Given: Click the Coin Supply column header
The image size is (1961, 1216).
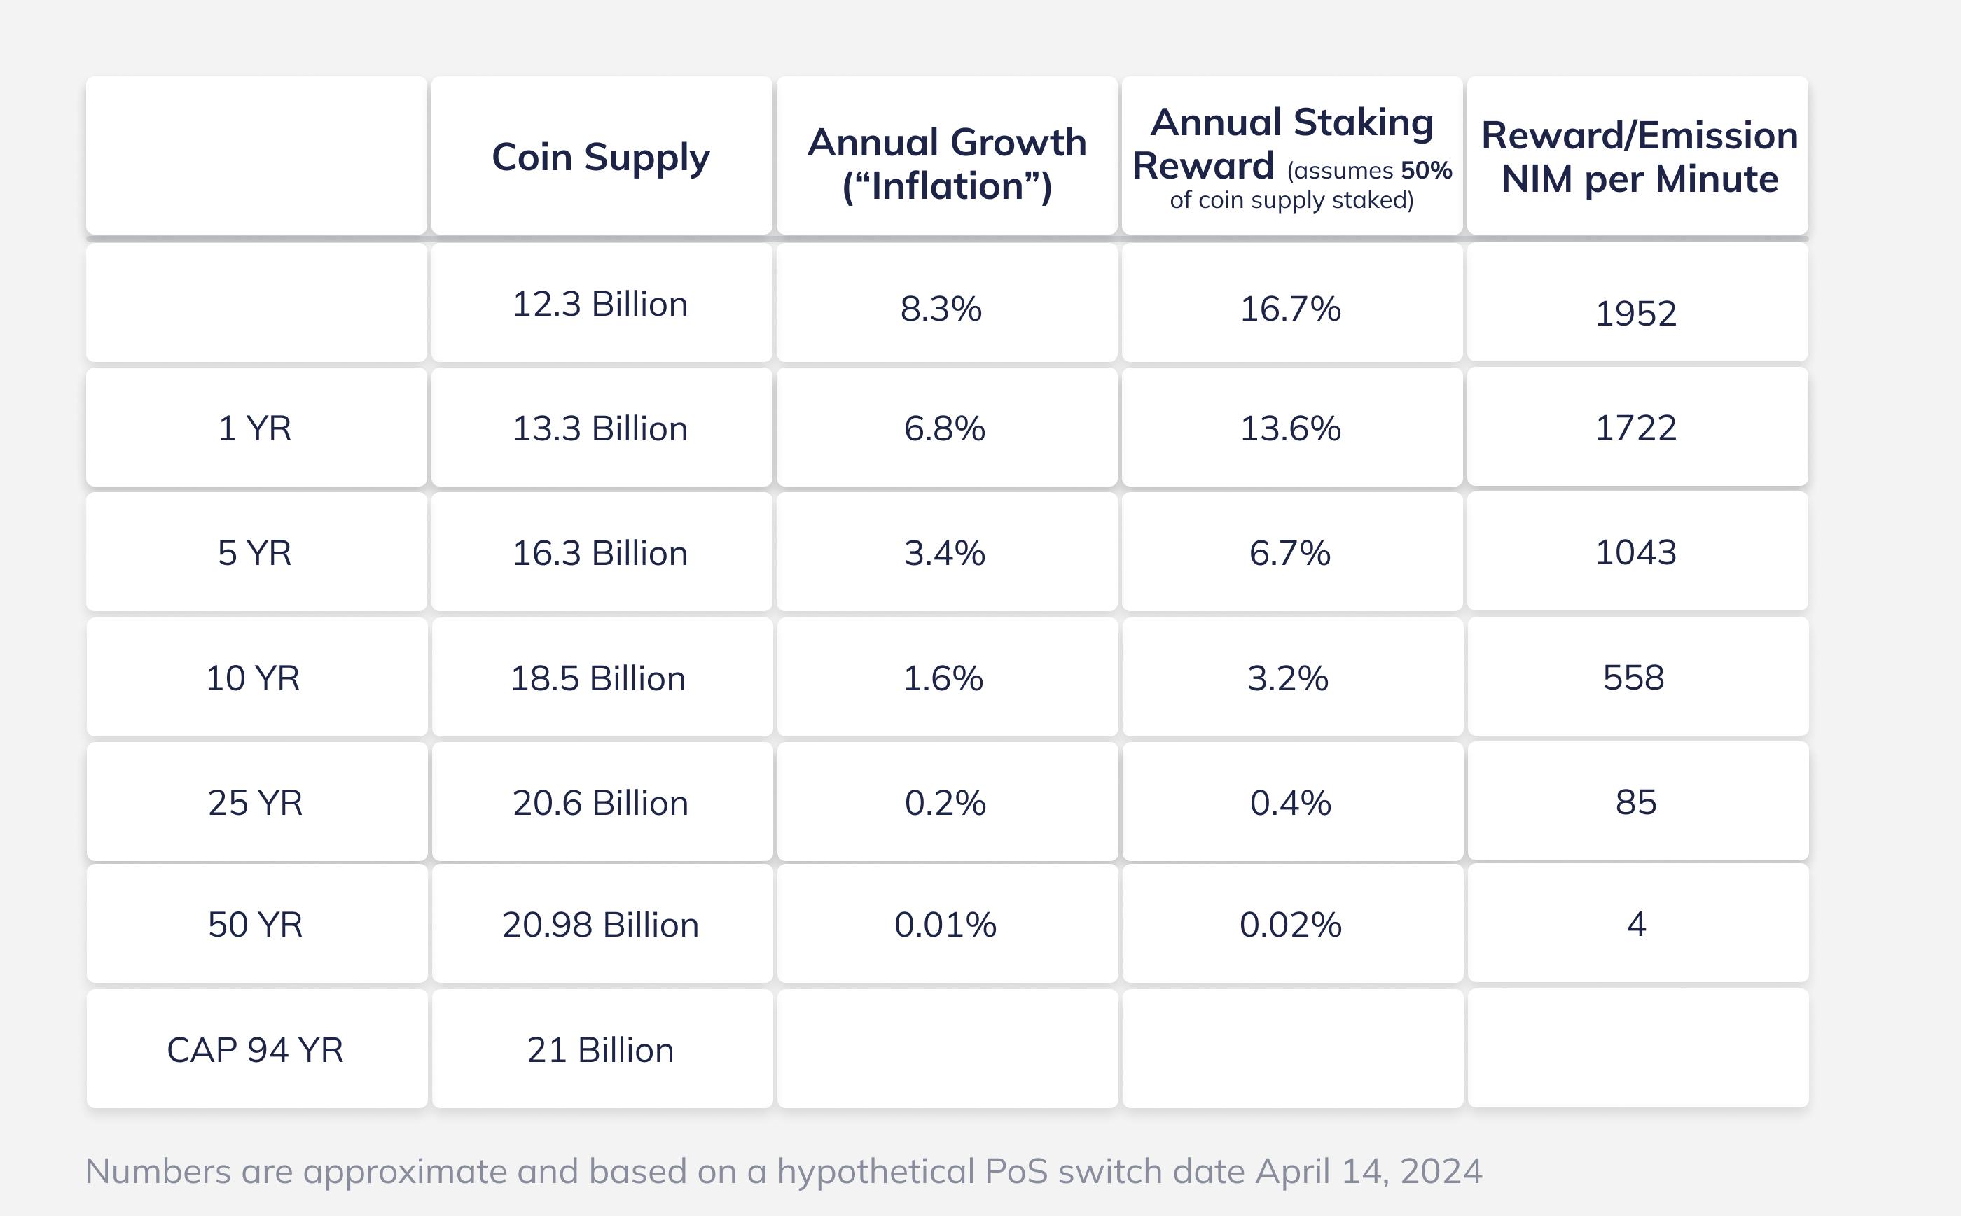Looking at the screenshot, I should tap(601, 157).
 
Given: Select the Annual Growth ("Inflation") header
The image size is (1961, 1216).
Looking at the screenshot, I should tap(947, 163).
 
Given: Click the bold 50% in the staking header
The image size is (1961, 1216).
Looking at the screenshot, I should tap(1426, 171).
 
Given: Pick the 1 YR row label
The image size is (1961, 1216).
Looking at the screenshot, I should tap(255, 428).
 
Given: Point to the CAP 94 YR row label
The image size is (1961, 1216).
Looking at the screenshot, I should tap(255, 1049).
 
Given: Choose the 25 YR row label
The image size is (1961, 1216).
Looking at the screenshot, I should tap(255, 803).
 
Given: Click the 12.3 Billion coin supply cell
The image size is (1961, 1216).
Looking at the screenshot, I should tap(600, 304).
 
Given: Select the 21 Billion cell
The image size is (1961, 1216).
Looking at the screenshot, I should tap(600, 1049).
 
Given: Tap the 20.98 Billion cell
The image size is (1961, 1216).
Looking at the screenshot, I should tap(600, 925).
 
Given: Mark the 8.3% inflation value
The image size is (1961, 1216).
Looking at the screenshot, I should tap(941, 309).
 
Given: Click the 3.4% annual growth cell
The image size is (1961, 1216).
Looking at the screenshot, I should tap(944, 553).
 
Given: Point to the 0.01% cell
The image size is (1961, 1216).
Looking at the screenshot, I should tap(945, 925).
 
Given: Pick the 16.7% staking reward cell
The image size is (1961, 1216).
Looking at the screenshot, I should tap(1290, 309).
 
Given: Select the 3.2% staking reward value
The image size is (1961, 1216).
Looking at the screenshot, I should tap(1288, 678).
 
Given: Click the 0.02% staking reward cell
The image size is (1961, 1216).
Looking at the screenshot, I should tap(1290, 925).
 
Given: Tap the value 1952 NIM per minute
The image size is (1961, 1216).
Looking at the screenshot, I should tap(1635, 313).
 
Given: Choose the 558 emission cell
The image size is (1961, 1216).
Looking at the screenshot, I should tap(1634, 677).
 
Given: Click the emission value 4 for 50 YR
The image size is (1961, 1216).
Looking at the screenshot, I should tap(1636, 924).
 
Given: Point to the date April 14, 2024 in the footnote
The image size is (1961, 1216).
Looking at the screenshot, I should tap(1369, 1171).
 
